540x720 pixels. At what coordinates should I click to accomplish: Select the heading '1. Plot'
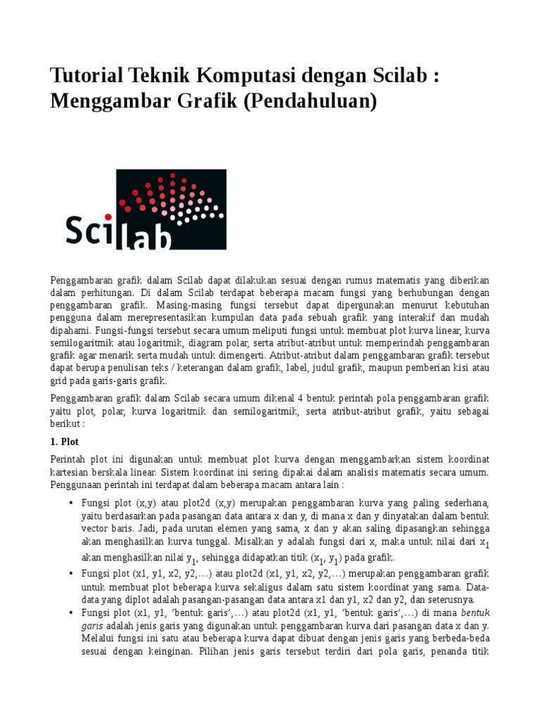65,442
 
